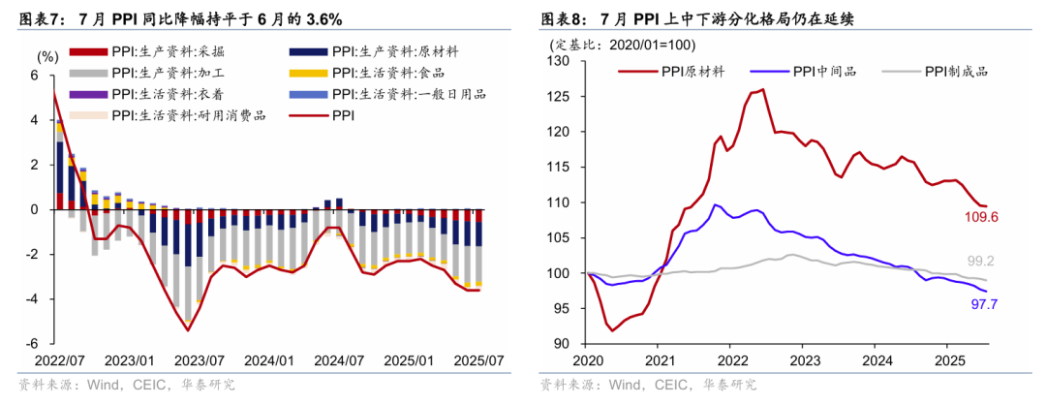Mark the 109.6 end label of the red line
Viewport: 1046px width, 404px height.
pos(980,217)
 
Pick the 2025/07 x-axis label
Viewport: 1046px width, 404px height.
pos(480,361)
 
